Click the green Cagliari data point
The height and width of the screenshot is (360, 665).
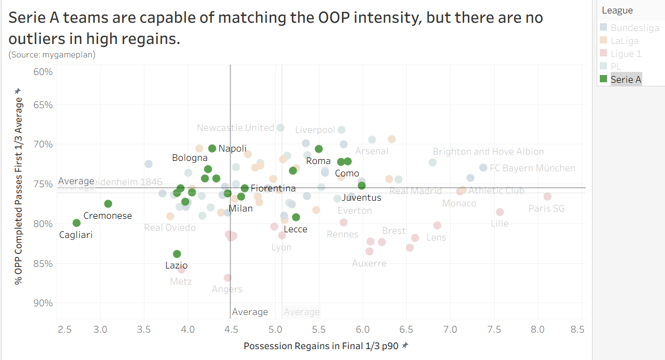tap(77, 223)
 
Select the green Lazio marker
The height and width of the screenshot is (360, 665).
tap(177, 254)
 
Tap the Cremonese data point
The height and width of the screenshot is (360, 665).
tap(108, 204)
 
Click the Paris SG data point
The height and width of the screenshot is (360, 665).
tap(548, 197)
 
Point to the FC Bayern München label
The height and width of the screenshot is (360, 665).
tap(532, 168)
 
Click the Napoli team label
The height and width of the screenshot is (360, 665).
tap(232, 148)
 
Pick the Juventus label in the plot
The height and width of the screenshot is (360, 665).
tap(361, 198)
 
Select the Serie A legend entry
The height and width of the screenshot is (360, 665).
tap(626, 79)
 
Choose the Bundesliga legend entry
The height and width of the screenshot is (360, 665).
tap(634, 28)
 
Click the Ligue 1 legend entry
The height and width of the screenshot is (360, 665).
tap(626, 54)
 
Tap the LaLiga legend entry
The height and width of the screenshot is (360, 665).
tap(624, 41)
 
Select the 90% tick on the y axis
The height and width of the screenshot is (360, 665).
tap(43, 303)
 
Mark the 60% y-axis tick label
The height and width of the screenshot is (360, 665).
tap(43, 71)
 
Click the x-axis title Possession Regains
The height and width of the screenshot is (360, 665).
tap(321, 346)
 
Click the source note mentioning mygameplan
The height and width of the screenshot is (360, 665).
tap(52, 54)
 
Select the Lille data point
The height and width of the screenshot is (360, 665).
tap(500, 212)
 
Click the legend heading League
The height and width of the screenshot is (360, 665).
tap(617, 10)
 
